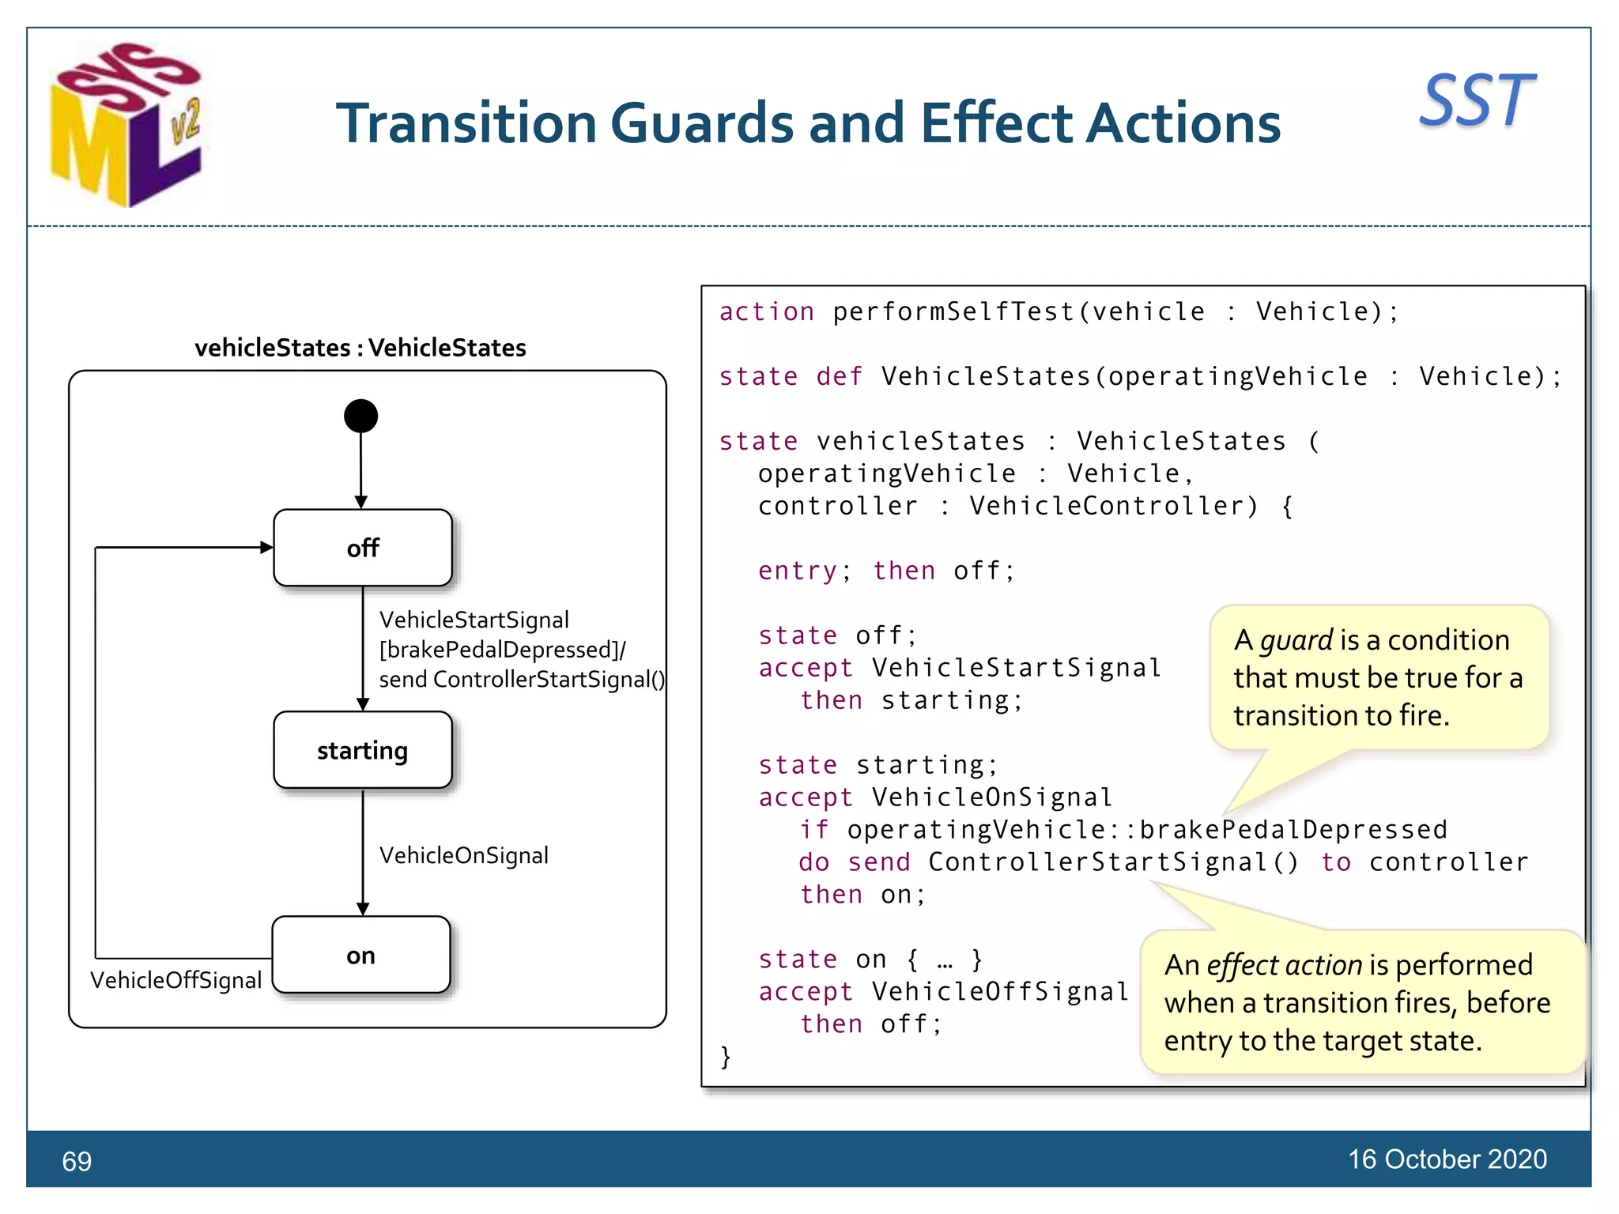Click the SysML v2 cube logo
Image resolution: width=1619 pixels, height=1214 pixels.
coord(126,125)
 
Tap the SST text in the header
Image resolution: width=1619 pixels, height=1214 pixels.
coord(1477,101)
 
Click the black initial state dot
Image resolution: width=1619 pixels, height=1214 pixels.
coord(360,416)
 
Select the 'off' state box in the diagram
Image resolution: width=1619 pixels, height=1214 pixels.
coord(363,548)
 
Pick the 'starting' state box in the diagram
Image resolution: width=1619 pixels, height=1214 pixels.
coord(363,750)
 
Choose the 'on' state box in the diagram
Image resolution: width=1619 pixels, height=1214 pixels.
coord(361,956)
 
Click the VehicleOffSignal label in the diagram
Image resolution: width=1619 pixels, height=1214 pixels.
coord(175,980)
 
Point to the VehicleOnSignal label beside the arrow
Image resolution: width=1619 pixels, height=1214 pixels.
coord(463,855)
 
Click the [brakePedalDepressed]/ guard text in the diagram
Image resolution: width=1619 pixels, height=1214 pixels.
coord(502,650)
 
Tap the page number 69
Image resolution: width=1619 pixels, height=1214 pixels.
coord(77,1161)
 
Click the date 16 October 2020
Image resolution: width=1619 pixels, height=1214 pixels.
coord(1447,1159)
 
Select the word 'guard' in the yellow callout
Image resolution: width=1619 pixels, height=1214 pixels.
coord(1296,639)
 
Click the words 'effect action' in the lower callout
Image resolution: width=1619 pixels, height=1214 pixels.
coord(1284,965)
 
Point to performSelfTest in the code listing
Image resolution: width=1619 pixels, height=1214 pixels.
coord(954,312)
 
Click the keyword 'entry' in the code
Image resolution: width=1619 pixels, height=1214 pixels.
coord(797,571)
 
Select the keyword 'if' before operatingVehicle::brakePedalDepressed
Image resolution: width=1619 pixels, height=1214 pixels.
coord(814,830)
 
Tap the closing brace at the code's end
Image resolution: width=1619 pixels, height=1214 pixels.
coord(726,1057)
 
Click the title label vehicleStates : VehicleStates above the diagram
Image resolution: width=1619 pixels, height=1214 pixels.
coord(360,348)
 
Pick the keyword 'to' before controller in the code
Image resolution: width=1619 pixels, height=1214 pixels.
coord(1336,862)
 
